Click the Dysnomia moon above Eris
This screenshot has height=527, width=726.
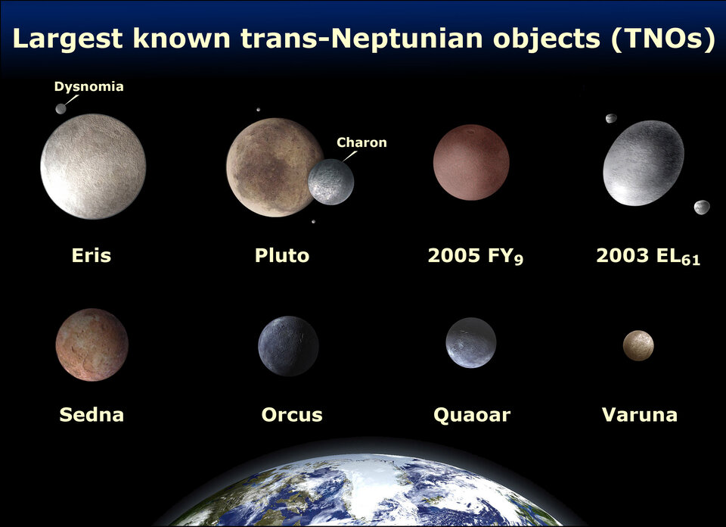[x=60, y=109]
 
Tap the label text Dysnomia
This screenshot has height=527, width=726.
[x=88, y=87]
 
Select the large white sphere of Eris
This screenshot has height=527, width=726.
[x=93, y=167]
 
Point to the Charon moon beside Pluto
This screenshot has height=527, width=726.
[x=330, y=182]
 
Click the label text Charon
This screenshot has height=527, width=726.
[x=361, y=142]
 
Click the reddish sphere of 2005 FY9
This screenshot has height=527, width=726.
[x=471, y=163]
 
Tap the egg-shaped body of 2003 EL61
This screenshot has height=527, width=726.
[x=644, y=163]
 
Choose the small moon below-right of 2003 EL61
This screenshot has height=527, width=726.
[x=702, y=207]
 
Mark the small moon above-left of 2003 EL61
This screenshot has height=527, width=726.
[x=611, y=118]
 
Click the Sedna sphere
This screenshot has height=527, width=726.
[x=92, y=345]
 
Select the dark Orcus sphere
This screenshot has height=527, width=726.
[x=288, y=346]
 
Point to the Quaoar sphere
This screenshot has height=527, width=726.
[x=471, y=343]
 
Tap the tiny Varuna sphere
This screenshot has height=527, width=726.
[x=638, y=345]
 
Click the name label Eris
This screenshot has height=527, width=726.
[x=92, y=256]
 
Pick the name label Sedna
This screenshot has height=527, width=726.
[x=92, y=415]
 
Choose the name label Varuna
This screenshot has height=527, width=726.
[x=639, y=415]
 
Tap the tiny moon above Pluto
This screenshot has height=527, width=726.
[x=258, y=110]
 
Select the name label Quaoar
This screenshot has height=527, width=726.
[x=471, y=415]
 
